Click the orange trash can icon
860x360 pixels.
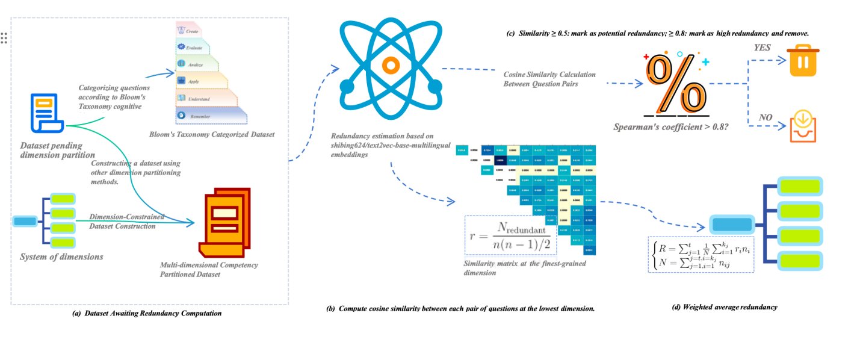click(x=803, y=60)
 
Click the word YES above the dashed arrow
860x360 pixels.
click(x=763, y=48)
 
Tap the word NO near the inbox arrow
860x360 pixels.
click(x=766, y=118)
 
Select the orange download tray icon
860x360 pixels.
click(x=803, y=126)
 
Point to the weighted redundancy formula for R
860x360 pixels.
click(x=701, y=254)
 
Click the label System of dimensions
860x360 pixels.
click(x=61, y=257)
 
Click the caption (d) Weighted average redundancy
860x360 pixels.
click(x=725, y=307)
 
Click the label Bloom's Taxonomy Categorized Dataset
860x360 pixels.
click(x=212, y=134)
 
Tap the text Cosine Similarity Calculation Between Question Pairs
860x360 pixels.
click(x=549, y=79)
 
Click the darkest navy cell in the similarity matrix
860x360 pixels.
click(x=499, y=160)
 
